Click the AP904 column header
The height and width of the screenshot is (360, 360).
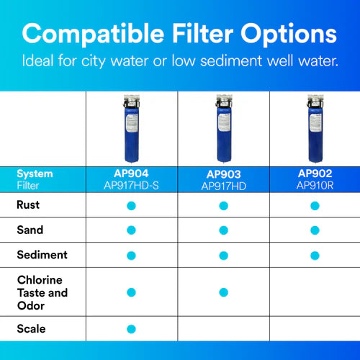point(131,174)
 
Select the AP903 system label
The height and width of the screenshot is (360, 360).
point(223,174)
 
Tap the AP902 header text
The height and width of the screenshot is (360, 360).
point(315,174)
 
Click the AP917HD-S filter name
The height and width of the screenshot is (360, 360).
point(131,185)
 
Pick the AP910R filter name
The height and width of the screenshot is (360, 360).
point(315,185)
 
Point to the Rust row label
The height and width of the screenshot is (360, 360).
point(28,205)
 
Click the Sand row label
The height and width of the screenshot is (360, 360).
point(30,230)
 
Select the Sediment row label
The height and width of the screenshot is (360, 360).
point(42,255)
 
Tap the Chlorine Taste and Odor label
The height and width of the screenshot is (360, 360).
point(42,292)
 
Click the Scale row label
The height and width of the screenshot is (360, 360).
point(31,328)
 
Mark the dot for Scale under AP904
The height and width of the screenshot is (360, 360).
point(131,329)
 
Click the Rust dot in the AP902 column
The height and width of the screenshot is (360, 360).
point(315,206)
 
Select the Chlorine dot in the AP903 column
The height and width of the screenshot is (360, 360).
point(223,292)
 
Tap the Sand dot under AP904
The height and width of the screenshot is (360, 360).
point(131,230)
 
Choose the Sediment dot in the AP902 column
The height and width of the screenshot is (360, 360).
point(315,255)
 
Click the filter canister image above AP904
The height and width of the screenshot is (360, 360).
point(131,129)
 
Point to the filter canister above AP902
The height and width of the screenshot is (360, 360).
point(314,129)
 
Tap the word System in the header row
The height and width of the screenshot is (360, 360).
point(35,174)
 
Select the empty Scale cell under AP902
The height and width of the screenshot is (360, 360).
point(315,329)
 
